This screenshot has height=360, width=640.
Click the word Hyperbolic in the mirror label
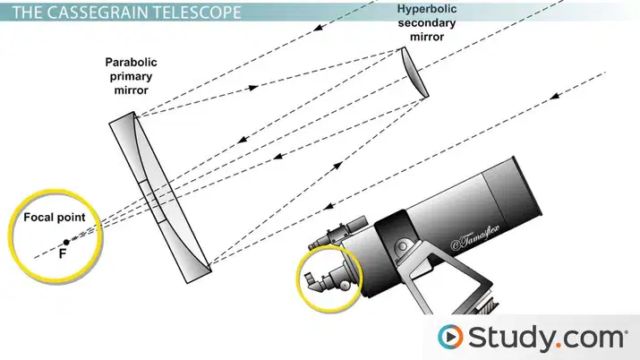pos(427,9)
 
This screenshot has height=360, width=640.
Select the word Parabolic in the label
pos(131,63)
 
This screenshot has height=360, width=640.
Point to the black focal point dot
pos(66,243)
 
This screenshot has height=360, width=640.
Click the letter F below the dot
pos(62,253)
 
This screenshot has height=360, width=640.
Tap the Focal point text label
pos(55,217)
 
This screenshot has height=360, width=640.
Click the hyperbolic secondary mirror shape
pos(415,73)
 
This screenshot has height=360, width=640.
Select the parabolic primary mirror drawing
pos(160,197)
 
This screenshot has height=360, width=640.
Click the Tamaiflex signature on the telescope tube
pos(474,236)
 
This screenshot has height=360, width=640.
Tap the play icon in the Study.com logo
pos(450,337)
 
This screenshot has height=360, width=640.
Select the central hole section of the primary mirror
pos(153,201)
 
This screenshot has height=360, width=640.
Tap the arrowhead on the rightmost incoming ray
pos(554,97)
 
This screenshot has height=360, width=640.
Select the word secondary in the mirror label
pos(427,23)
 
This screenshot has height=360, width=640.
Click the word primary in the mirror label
pos(131,76)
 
